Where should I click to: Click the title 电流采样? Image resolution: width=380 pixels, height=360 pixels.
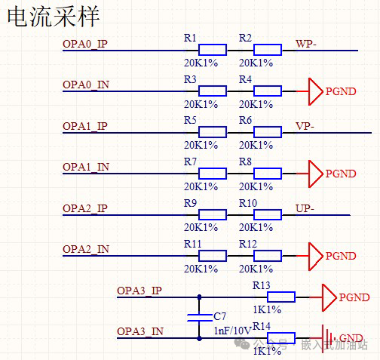pyautogui.click(x=52, y=17)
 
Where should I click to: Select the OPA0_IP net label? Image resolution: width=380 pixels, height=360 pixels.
pyautogui.click(x=85, y=44)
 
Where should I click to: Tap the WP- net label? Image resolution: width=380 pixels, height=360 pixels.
pyautogui.click(x=307, y=44)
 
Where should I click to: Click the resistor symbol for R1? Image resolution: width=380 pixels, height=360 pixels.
pyautogui.click(x=213, y=51)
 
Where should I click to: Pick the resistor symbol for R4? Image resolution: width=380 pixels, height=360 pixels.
pyautogui.click(x=268, y=91)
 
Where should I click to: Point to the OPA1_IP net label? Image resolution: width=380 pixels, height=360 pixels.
pyautogui.click(x=85, y=125)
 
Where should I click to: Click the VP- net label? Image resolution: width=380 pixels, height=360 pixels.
pyautogui.click(x=305, y=125)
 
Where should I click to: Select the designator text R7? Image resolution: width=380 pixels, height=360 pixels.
pyautogui.click(x=190, y=161)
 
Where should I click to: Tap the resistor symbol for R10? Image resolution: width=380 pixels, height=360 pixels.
pyautogui.click(x=268, y=214)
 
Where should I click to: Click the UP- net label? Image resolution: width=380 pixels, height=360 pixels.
pyautogui.click(x=305, y=208)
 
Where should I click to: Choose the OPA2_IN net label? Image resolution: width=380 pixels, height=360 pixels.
pyautogui.click(x=86, y=248)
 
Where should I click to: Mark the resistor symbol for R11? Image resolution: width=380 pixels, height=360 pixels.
pyautogui.click(x=213, y=255)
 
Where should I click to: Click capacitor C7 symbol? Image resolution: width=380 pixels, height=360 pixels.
pyautogui.click(x=198, y=315)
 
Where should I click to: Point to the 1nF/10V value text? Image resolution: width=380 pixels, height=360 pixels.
pyautogui.click(x=231, y=331)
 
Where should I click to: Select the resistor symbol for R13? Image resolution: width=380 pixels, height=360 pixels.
pyautogui.click(x=281, y=297)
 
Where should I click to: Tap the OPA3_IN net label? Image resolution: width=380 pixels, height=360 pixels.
pyautogui.click(x=140, y=331)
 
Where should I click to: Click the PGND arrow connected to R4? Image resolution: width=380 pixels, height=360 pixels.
pyautogui.click(x=314, y=91)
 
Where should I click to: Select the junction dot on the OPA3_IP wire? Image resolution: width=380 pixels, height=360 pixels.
pyautogui.click(x=198, y=297)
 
